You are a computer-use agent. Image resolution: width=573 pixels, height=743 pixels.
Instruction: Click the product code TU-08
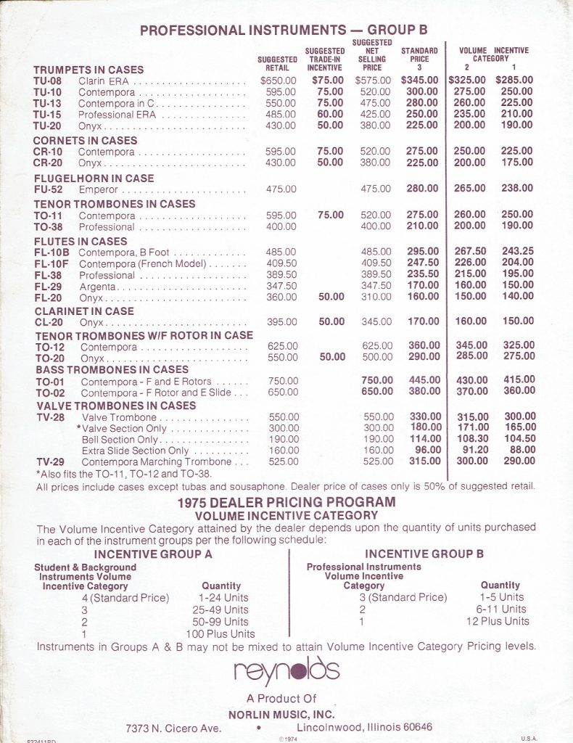[x=48, y=81]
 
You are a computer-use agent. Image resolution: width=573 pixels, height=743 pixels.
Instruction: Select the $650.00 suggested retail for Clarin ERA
[x=279, y=81]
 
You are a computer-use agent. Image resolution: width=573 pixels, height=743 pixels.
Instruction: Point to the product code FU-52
[x=48, y=189]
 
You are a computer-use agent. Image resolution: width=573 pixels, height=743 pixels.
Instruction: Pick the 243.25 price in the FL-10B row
[x=517, y=251]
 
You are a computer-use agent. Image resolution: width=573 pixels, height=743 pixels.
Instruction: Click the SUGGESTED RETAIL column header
[x=278, y=64]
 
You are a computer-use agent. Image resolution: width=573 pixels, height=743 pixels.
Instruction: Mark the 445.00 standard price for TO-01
[x=424, y=379]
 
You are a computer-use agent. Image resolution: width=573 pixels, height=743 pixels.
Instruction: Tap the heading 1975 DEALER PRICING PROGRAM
[x=286, y=502]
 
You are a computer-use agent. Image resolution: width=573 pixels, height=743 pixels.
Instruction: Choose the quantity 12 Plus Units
[x=498, y=621]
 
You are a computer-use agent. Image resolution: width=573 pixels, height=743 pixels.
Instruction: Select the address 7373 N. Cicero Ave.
[x=173, y=727]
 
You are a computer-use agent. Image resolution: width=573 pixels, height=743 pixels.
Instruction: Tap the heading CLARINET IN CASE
[x=83, y=311]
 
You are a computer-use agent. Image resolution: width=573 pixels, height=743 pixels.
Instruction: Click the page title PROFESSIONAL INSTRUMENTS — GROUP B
[x=284, y=30]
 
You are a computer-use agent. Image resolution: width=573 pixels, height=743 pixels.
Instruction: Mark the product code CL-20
[x=48, y=322]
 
